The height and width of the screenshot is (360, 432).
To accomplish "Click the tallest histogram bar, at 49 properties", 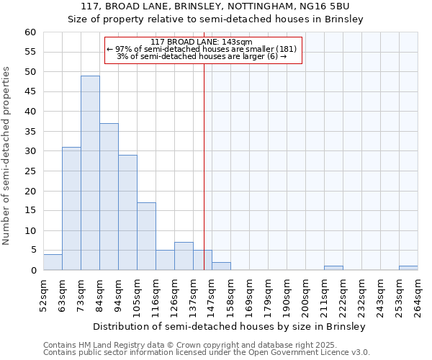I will pyautogui.click(x=90, y=173).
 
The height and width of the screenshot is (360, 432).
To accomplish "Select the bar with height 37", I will pyautogui.click(x=109, y=197).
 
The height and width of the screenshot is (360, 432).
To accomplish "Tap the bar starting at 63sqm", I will pyautogui.click(x=71, y=209).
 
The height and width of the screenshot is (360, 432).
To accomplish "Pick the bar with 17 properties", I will pyautogui.click(x=146, y=236).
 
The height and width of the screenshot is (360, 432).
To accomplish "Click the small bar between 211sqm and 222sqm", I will pyautogui.click(x=333, y=268).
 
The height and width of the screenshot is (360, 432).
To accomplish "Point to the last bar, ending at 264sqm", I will pyautogui.click(x=408, y=268).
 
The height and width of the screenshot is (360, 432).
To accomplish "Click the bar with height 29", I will pyautogui.click(x=127, y=212).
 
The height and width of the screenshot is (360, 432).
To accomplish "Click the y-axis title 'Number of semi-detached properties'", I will pyautogui.click(x=6, y=156).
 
